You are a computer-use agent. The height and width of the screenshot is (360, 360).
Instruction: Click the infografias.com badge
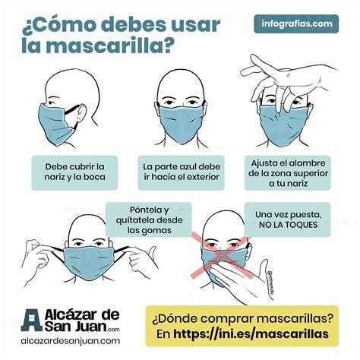click(295, 24)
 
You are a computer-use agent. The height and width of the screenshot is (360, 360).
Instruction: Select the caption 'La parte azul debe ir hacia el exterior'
click(181, 172)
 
